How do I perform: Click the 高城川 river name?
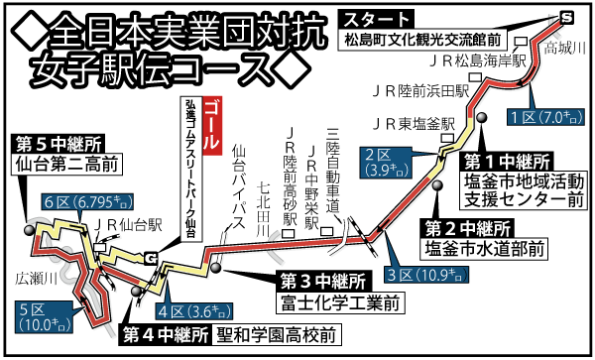(564, 47)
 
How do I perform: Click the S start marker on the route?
(566, 17)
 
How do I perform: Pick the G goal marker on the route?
(150, 260)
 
